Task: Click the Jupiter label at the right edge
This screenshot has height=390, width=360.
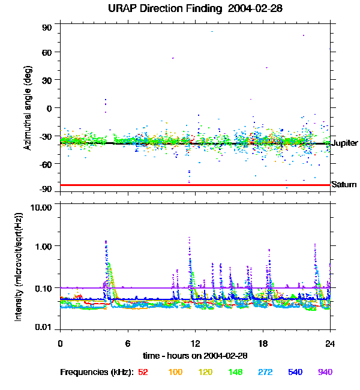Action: (x=344, y=143)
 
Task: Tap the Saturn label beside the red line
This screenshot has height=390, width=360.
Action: (x=344, y=185)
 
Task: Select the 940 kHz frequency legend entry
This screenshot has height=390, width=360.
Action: (x=325, y=372)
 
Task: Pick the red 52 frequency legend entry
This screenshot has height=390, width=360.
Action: (x=143, y=372)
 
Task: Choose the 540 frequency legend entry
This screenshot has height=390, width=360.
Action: (x=295, y=372)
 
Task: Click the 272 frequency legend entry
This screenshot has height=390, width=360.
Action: (x=265, y=372)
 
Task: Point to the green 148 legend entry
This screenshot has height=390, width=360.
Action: (x=235, y=372)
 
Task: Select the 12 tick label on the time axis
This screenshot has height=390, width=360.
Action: (x=195, y=343)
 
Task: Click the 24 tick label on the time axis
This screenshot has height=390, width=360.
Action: (x=330, y=343)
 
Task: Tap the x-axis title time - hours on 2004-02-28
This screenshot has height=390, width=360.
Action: (x=195, y=356)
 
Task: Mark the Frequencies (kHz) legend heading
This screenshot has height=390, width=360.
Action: (x=97, y=372)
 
